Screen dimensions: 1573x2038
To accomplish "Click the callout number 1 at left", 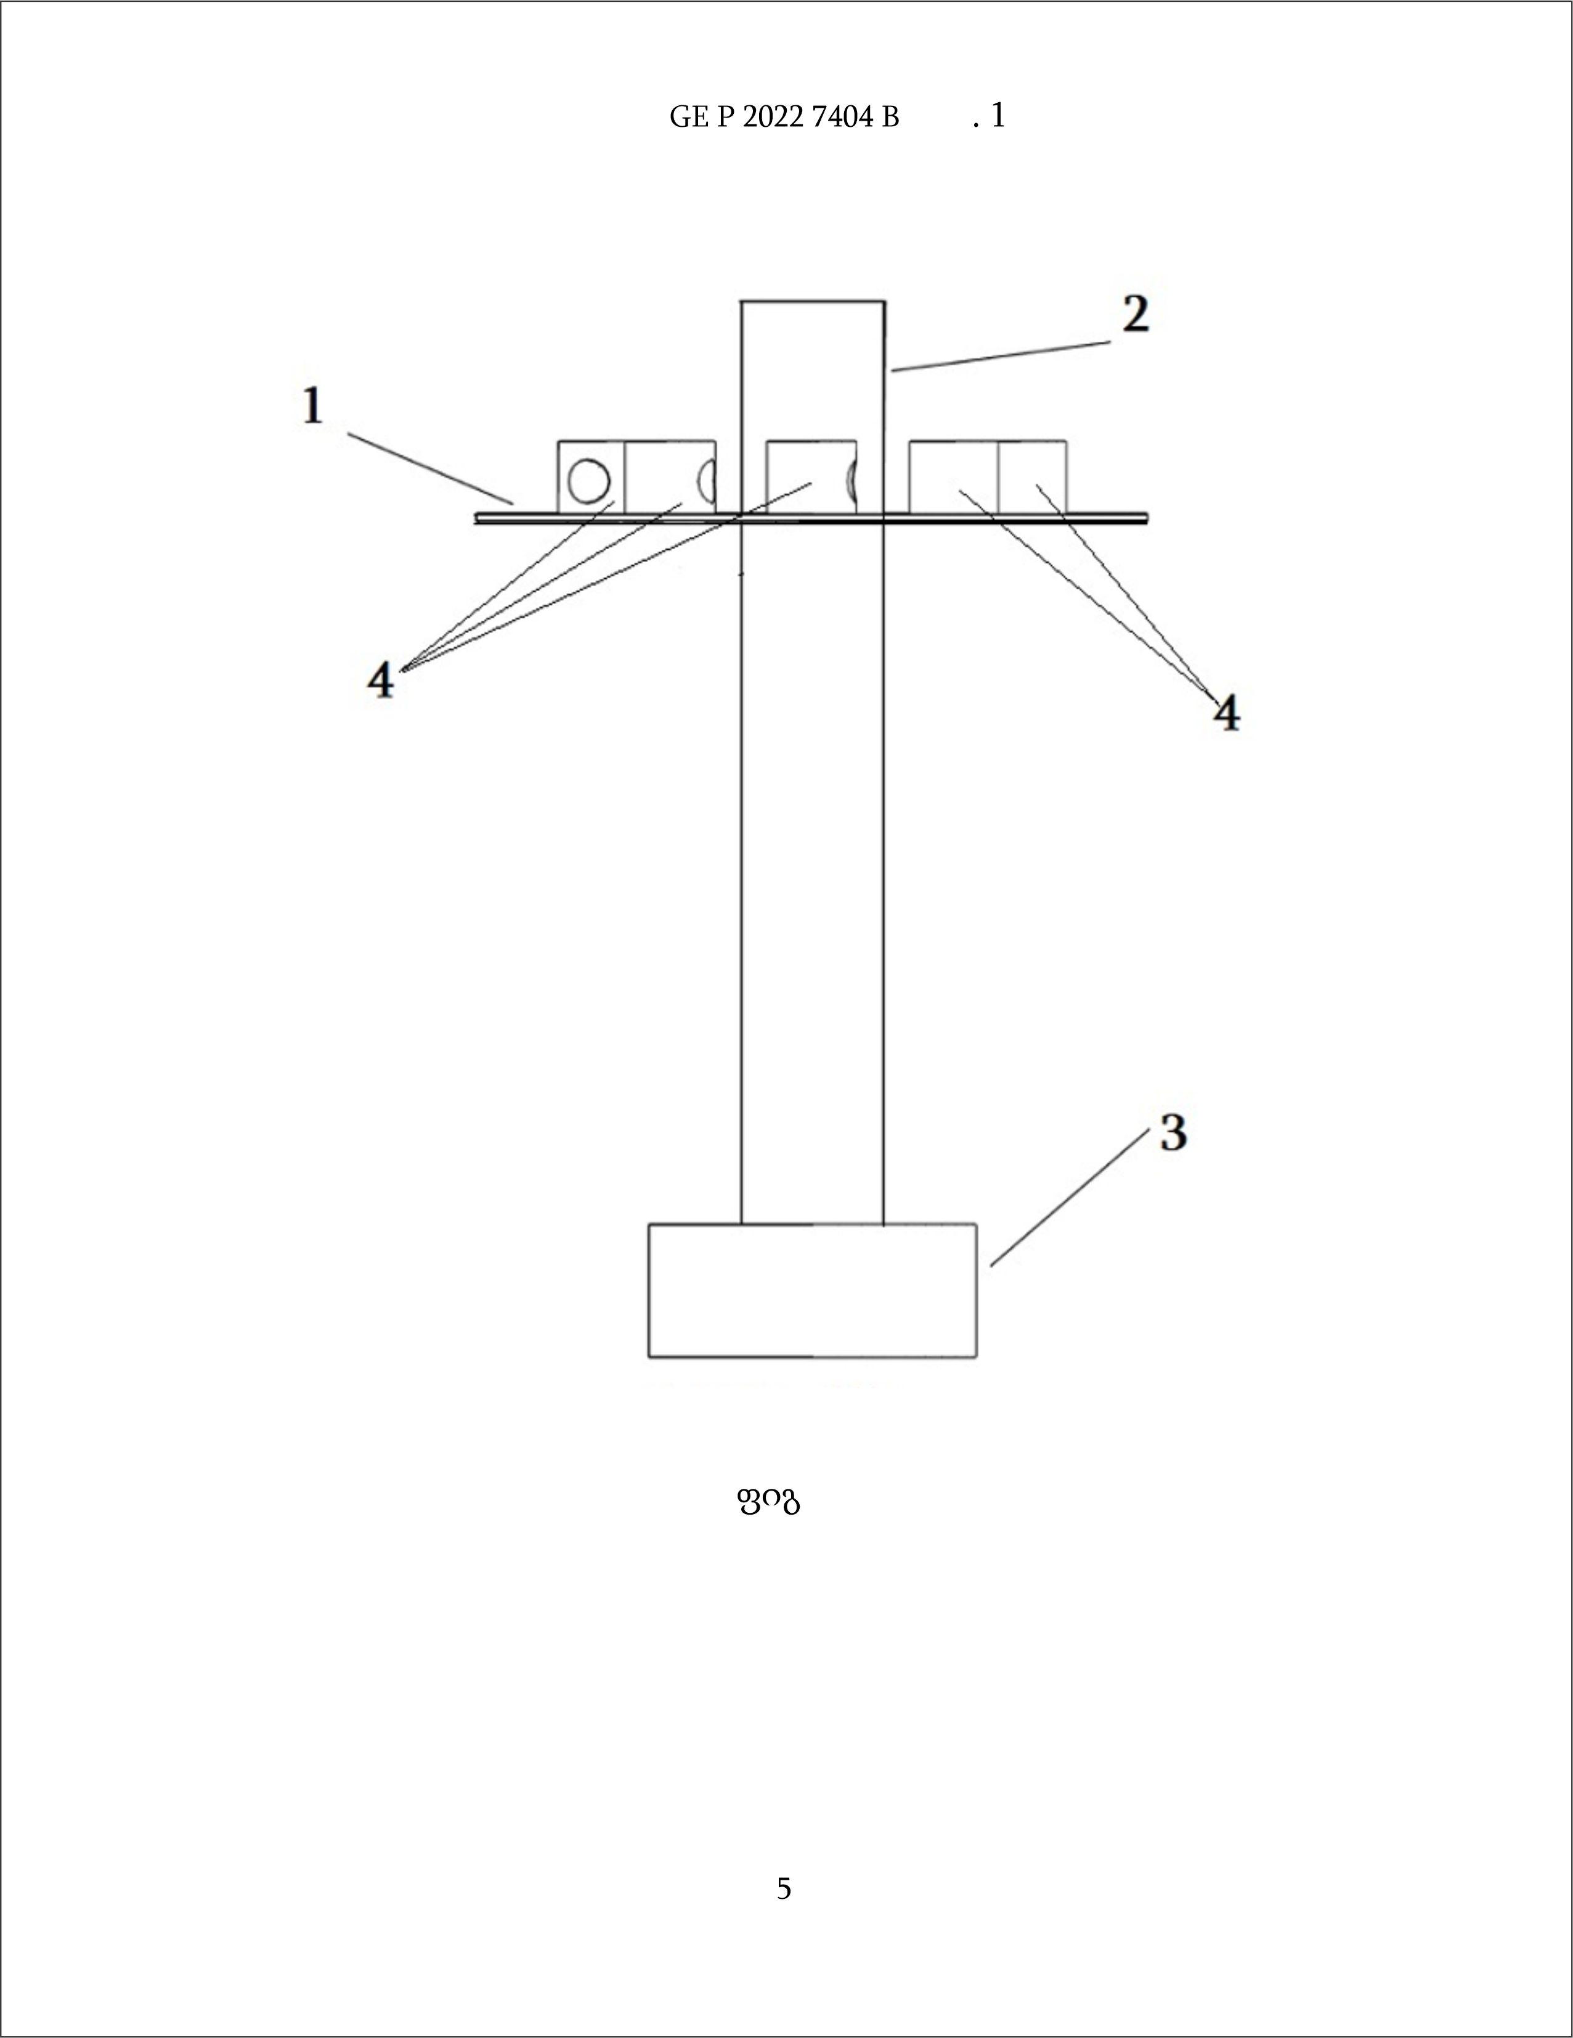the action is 313,407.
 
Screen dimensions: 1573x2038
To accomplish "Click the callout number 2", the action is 1135,315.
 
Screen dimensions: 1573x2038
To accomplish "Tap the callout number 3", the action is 1174,1133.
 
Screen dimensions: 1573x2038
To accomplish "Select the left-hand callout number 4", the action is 381,680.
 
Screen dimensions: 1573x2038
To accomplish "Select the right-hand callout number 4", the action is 1227,713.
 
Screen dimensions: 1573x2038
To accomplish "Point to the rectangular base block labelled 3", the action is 812,1290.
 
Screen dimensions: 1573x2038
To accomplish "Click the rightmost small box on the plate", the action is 1033,477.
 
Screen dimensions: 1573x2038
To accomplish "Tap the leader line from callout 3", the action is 1069,1197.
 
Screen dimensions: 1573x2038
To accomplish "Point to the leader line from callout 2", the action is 1001,356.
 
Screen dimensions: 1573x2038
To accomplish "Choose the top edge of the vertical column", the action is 812,302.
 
